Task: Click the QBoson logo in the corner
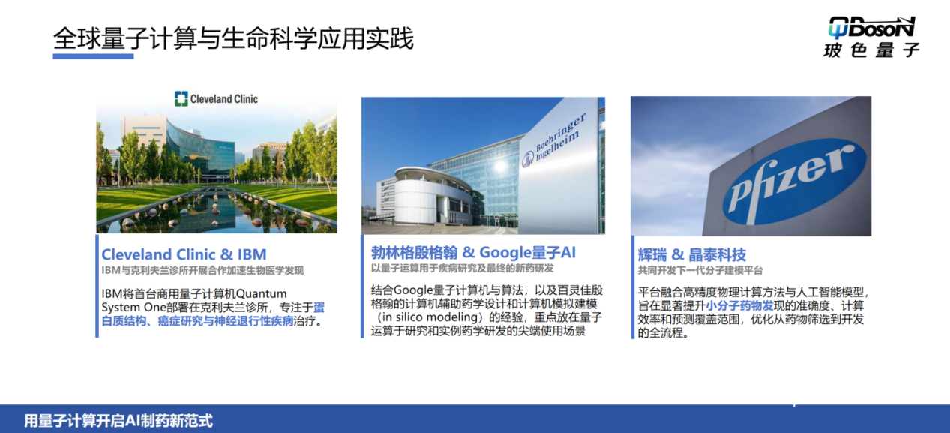point(871,38)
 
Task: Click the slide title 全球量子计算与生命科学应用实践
point(233,38)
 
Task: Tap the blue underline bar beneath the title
point(93,56)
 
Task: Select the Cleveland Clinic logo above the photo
point(216,98)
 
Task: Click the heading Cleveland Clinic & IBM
point(184,254)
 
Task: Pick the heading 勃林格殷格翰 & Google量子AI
point(473,253)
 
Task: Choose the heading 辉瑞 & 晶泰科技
point(692,254)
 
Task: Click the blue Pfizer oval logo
point(794,182)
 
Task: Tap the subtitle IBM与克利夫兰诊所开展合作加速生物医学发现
point(202,270)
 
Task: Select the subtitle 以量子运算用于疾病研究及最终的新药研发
point(463,269)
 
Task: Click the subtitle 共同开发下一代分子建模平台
point(700,270)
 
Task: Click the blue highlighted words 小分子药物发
point(739,305)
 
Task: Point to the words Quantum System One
point(193,301)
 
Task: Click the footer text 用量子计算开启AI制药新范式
point(118,421)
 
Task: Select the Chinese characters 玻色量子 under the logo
point(871,50)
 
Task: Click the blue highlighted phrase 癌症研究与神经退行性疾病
point(226,321)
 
